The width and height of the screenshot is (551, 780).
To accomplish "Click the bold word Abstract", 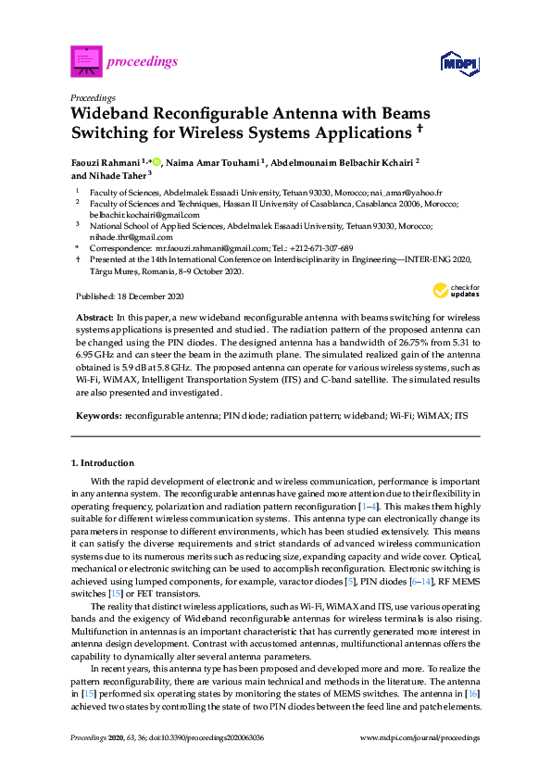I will click(94, 317).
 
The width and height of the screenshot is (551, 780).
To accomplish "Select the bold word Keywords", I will click(97, 415).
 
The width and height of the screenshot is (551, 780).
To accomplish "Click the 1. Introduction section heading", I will click(103, 462).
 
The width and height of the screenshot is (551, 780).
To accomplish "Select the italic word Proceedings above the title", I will click(93, 97).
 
